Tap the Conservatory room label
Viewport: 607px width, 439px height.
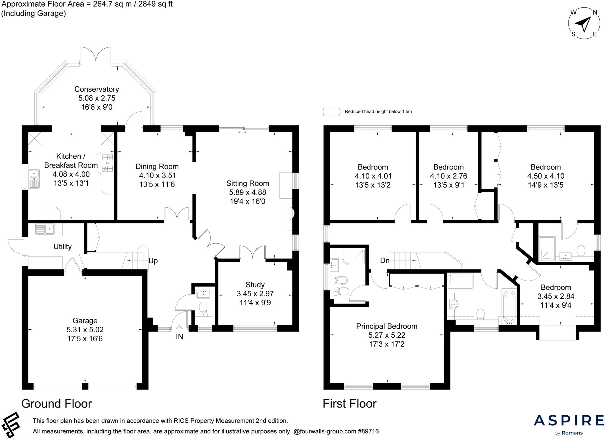97,89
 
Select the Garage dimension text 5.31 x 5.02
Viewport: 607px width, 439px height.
85,330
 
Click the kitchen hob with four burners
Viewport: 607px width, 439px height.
107,163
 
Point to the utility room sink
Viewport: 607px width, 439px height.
45,229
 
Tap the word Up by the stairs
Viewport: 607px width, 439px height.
153,261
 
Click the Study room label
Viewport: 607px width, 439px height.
255,285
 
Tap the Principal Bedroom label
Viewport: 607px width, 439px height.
386,326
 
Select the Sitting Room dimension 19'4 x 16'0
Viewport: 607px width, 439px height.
247,202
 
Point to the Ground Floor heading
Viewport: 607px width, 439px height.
57,404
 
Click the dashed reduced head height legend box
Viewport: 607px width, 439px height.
331,112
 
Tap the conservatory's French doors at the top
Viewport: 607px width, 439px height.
96,55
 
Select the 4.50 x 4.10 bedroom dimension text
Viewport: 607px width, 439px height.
545,176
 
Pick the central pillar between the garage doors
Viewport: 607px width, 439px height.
85,386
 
